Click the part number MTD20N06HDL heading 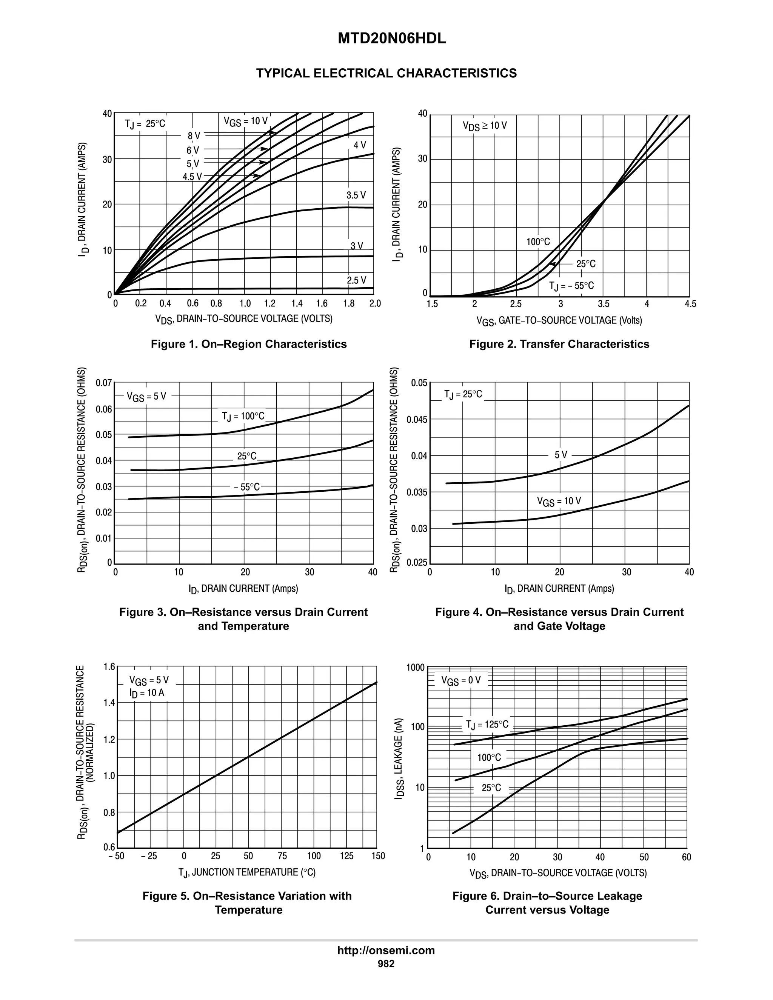point(391,39)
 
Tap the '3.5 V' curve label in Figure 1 point(356,195)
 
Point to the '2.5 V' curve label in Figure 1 point(356,280)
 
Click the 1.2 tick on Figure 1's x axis point(270,303)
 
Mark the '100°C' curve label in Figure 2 point(538,242)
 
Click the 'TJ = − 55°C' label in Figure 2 point(571,286)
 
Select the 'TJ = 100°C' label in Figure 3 point(243,417)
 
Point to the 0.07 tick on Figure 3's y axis point(103,383)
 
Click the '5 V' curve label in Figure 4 point(561,455)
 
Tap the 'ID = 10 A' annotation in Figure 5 point(146,693)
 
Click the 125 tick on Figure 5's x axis point(346,856)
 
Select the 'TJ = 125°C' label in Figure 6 point(487,725)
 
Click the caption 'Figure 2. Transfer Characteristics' point(559,344)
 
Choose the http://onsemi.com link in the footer point(386,950)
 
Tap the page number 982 point(386,963)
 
